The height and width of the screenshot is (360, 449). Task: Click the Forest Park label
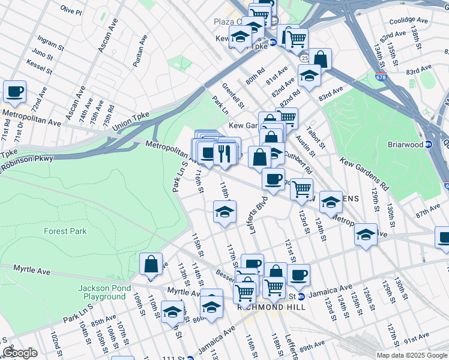65,231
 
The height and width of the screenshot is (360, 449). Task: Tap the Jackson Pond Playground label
101,292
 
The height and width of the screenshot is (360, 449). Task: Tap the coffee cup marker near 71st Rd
14,92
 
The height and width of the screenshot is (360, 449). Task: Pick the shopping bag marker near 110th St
151,264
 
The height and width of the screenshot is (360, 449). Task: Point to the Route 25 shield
305,58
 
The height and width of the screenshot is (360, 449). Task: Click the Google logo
20,353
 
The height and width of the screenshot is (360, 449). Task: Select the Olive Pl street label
71,11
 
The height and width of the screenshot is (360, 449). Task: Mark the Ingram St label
50,44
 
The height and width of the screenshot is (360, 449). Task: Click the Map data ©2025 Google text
411,355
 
